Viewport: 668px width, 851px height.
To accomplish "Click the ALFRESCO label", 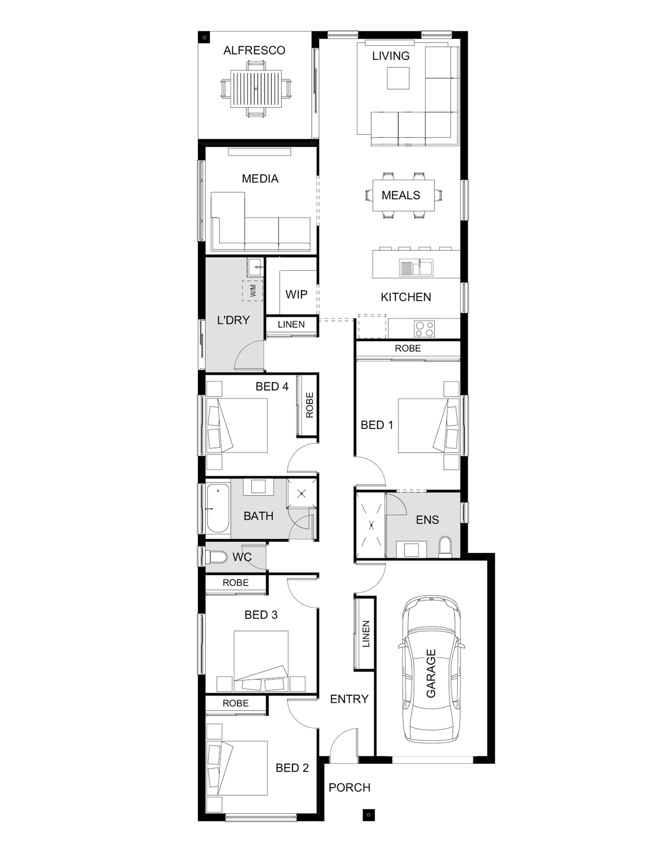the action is pyautogui.click(x=254, y=51).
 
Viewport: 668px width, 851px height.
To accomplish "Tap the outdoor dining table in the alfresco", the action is pyautogui.click(x=256, y=88).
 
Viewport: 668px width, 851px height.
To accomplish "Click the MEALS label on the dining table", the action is pyautogui.click(x=401, y=195).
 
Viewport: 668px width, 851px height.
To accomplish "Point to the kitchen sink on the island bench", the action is pyautogui.click(x=416, y=268).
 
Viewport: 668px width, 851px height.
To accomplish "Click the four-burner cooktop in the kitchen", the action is pyautogui.click(x=425, y=329).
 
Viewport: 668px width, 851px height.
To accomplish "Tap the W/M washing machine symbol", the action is pyautogui.click(x=253, y=291).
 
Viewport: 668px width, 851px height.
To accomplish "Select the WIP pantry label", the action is pyautogui.click(x=297, y=294).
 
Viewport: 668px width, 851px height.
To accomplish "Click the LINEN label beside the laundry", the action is pyautogui.click(x=291, y=324).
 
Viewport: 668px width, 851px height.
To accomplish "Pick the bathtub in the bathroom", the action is pyautogui.click(x=218, y=509).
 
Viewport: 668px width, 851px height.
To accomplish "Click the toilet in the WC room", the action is pyautogui.click(x=216, y=557).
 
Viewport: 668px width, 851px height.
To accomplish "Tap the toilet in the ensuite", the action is pyautogui.click(x=445, y=547).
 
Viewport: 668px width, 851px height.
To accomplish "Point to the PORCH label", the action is pyautogui.click(x=350, y=788).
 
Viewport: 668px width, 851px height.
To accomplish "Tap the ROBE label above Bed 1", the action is pyautogui.click(x=408, y=349).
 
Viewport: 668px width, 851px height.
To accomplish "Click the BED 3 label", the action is pyautogui.click(x=261, y=615).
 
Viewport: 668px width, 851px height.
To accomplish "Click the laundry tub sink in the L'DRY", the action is pyautogui.click(x=256, y=268).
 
